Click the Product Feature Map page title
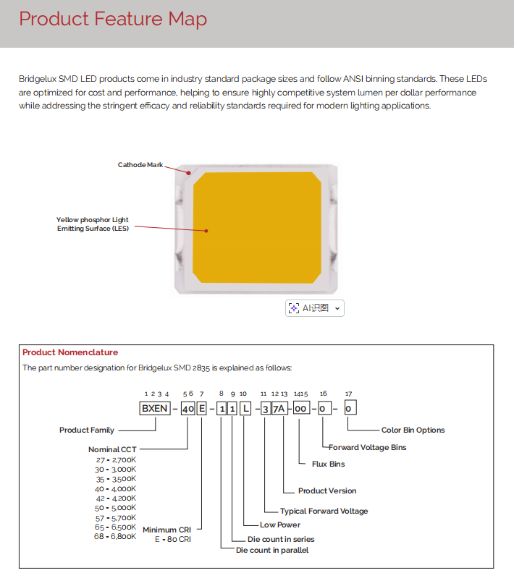[113, 20]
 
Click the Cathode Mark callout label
[140, 165]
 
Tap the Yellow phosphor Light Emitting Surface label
[93, 224]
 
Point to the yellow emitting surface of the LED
[257, 228]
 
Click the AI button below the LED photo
[315, 308]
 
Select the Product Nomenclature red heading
[70, 352]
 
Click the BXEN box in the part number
[155, 409]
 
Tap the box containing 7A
[279, 409]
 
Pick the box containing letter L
[247, 409]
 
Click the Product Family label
[87, 430]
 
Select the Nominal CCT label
[112, 449]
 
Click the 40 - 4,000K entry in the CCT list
[116, 488]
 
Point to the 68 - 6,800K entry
[115, 536]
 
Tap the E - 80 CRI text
[174, 539]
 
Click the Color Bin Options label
[413, 430]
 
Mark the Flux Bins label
[328, 464]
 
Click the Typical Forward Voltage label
[324, 511]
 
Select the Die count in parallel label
[272, 551]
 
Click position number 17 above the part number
[349, 394]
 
